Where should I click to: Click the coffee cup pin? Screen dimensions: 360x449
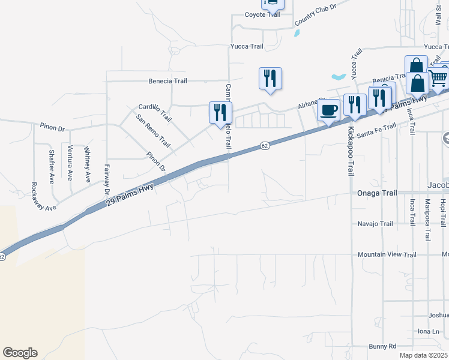pyautogui.click(x=328, y=110)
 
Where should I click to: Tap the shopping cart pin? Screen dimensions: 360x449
pyautogui.click(x=438, y=77)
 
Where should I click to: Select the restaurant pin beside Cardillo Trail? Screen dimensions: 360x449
pyautogui.click(x=220, y=112)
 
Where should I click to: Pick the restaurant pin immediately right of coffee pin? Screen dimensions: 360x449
pyautogui.click(x=355, y=104)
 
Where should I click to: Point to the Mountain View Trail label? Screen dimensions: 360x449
pyautogui.click(x=387, y=254)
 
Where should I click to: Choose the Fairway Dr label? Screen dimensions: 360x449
pyautogui.click(x=107, y=178)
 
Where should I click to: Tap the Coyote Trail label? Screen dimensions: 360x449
pyautogui.click(x=262, y=14)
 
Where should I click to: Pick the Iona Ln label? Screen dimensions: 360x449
pyautogui.click(x=428, y=331)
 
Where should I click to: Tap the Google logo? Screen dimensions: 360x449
pyautogui.click(x=20, y=353)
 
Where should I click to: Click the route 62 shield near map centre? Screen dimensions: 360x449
pyautogui.click(x=264, y=146)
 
